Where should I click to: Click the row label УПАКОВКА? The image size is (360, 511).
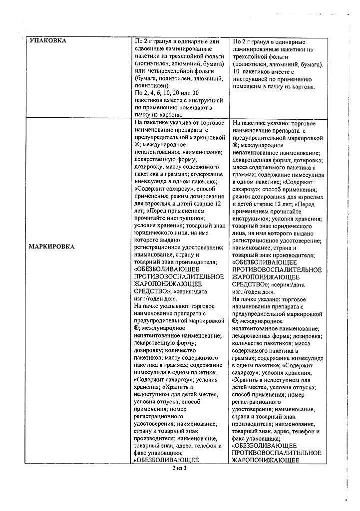point(47,41)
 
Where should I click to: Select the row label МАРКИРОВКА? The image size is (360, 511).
point(51,247)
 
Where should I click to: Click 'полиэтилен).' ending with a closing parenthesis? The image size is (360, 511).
point(151,85)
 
